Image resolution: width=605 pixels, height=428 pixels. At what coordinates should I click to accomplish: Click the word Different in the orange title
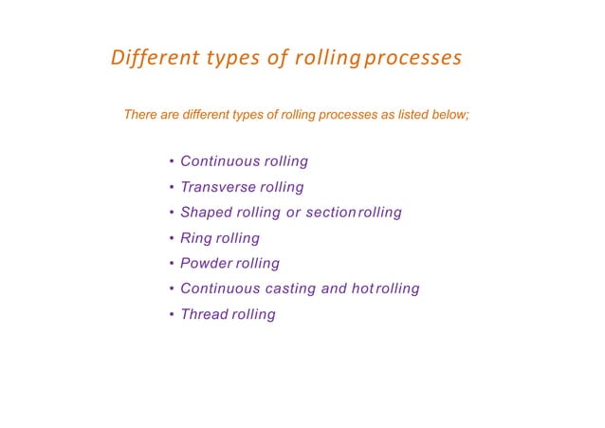[x=149, y=59]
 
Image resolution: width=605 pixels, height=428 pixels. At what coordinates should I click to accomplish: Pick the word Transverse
[x=214, y=187]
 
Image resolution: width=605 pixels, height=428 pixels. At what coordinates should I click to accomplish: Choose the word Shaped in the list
[x=204, y=213]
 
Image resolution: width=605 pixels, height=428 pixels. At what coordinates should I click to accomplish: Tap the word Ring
[x=196, y=238]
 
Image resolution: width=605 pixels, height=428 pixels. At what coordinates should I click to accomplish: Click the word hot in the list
[x=362, y=288]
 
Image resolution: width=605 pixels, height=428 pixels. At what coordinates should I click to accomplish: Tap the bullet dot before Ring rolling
[x=170, y=238]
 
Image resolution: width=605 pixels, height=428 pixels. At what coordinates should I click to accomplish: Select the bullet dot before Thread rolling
[x=170, y=314]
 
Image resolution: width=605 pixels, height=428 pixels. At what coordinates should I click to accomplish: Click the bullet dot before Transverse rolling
[x=170, y=187]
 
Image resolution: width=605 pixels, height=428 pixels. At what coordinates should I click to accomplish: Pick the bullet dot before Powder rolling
[x=170, y=264]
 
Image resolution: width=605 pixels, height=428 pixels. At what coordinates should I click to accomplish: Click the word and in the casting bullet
[x=334, y=288]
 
